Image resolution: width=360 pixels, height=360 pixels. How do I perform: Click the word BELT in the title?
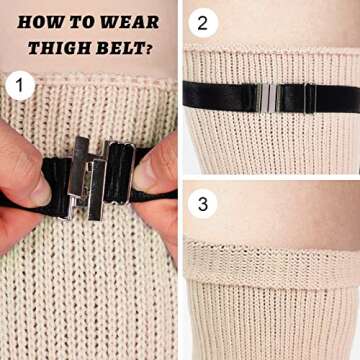(121, 46)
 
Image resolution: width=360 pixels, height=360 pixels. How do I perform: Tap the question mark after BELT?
(151, 46)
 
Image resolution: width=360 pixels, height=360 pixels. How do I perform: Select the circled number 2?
(204, 23)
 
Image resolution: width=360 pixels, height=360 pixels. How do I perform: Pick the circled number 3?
(204, 204)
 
